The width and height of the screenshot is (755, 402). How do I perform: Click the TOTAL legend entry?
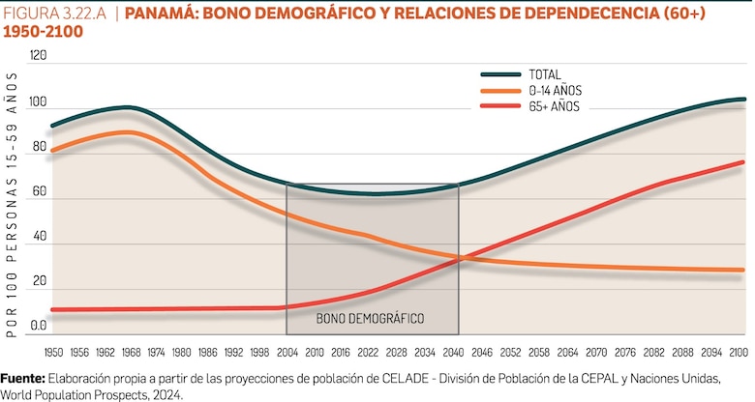coord(545,74)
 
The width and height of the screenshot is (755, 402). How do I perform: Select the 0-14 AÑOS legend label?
coord(555,91)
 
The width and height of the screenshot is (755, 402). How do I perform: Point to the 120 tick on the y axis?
coord(39,56)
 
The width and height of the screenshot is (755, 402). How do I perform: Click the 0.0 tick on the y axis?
coord(39,326)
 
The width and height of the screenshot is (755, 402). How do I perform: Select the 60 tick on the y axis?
coord(39,192)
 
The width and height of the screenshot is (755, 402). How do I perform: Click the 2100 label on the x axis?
coord(740,352)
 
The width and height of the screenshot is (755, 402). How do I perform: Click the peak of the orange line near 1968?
coord(126,131)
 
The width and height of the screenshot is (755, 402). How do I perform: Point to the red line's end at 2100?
coord(743,161)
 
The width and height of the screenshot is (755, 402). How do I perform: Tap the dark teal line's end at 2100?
coord(743,99)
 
